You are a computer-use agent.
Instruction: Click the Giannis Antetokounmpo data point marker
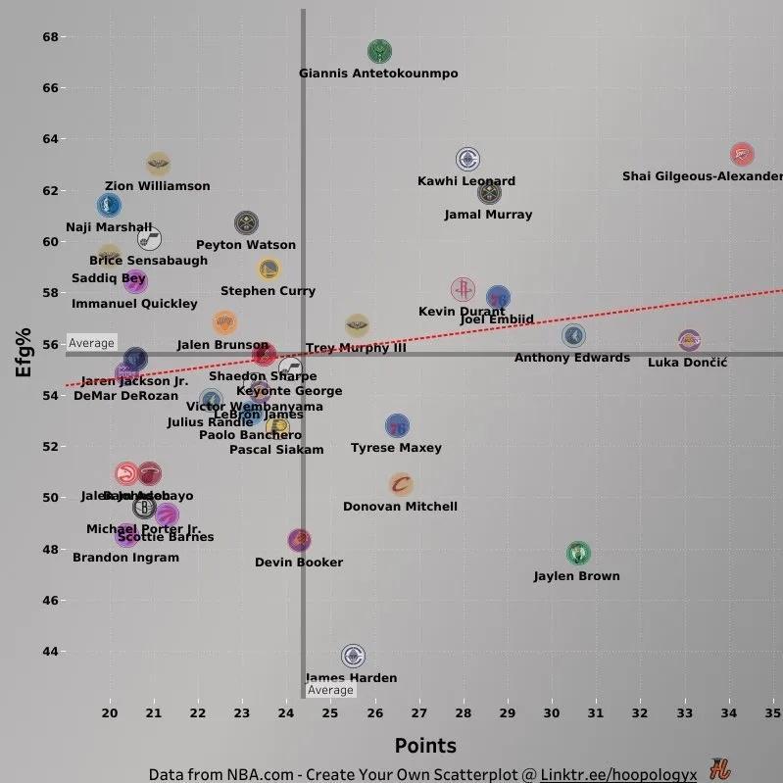point(379,52)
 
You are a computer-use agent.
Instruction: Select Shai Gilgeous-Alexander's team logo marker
point(742,154)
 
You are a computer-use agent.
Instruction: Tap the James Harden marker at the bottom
point(353,656)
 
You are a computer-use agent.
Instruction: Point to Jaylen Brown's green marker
point(578,554)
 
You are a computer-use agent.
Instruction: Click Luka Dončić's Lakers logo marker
point(690,340)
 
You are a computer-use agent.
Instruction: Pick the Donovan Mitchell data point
point(401,484)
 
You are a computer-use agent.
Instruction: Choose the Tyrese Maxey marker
point(397,426)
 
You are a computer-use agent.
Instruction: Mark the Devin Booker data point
point(300,540)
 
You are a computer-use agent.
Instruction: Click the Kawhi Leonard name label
point(466,181)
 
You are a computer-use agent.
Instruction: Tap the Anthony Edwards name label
point(572,358)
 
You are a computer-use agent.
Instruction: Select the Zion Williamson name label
point(158,186)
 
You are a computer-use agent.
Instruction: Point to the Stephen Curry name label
point(269,291)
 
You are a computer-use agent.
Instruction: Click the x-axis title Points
point(425,747)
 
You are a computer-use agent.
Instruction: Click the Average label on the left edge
point(91,343)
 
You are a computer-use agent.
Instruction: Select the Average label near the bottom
point(330,690)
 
